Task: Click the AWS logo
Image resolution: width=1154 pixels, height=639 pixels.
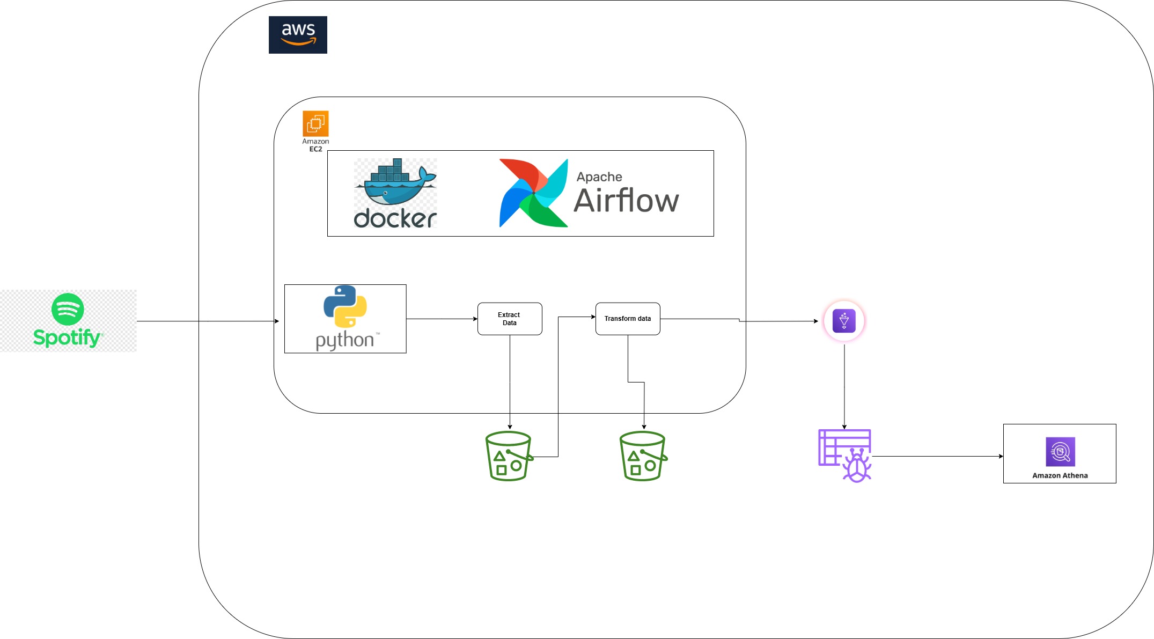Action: pyautogui.click(x=298, y=35)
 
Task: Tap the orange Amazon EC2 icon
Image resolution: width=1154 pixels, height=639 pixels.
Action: pyautogui.click(x=315, y=124)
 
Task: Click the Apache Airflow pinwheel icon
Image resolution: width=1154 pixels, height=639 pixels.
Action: pyautogui.click(x=533, y=193)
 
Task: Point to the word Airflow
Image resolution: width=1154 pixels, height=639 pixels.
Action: pyautogui.click(x=626, y=201)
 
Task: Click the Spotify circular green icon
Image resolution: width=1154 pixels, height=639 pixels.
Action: pyautogui.click(x=68, y=309)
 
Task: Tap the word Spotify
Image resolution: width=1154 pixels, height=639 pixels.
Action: pyautogui.click(x=67, y=337)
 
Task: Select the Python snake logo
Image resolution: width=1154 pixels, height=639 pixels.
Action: pyautogui.click(x=345, y=306)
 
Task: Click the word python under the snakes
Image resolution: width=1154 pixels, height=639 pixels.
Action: pyautogui.click(x=345, y=340)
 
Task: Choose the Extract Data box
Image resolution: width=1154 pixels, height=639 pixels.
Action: pyautogui.click(x=510, y=319)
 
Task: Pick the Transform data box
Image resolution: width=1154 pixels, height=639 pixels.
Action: pyautogui.click(x=628, y=319)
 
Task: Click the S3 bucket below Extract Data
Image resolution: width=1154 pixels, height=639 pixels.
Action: pyautogui.click(x=508, y=456)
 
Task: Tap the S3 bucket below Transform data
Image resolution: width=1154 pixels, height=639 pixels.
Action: pyautogui.click(x=643, y=456)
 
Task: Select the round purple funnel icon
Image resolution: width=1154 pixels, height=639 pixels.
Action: pyautogui.click(x=844, y=321)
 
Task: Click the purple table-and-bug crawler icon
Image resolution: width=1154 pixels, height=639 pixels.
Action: pyautogui.click(x=845, y=456)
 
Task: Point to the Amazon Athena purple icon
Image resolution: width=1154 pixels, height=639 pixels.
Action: pyautogui.click(x=1060, y=452)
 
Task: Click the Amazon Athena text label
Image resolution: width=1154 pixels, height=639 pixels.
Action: pyautogui.click(x=1060, y=475)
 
